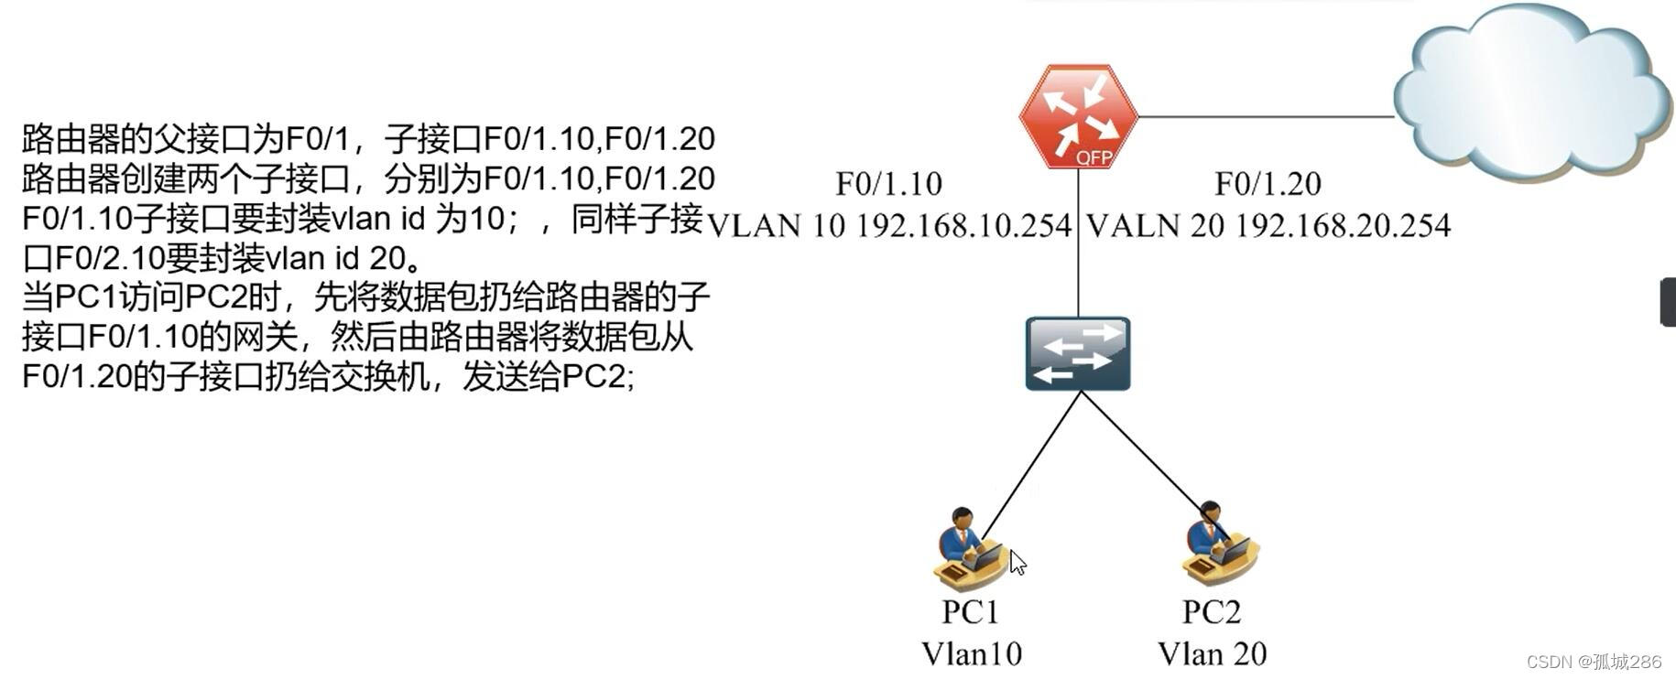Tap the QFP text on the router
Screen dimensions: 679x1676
[1094, 157]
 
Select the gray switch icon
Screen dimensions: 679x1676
[1078, 353]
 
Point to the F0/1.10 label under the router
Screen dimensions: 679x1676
[888, 184]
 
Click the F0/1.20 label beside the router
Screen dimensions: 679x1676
[1268, 184]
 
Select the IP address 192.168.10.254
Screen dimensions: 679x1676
[963, 225]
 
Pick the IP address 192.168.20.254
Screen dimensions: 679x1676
[1343, 225]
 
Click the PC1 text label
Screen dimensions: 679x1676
[970, 611]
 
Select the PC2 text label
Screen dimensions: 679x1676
[1211, 611]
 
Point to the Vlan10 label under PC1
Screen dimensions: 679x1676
[971, 653]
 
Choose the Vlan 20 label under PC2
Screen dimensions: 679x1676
[1212, 653]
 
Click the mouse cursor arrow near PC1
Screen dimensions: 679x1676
[1017, 562]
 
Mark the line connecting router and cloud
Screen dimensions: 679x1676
[1264, 117]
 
